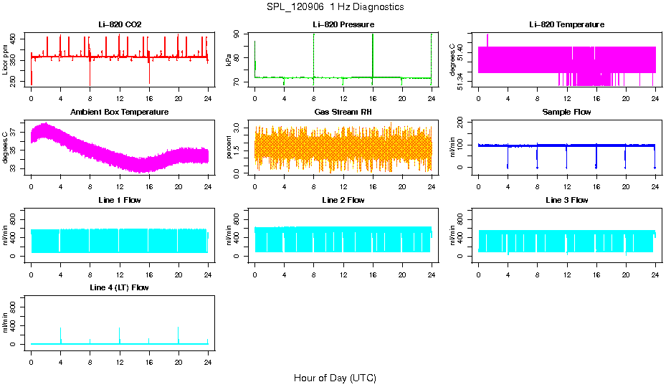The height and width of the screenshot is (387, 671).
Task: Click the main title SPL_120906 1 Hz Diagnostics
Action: tap(335, 7)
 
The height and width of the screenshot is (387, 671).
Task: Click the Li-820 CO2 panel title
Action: tap(120, 24)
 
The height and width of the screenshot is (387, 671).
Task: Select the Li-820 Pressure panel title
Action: tap(343, 24)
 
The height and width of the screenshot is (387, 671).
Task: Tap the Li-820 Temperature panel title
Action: tap(566, 24)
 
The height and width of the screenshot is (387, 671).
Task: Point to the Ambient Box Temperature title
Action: tap(120, 113)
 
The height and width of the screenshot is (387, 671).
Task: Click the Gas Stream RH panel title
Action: tap(343, 113)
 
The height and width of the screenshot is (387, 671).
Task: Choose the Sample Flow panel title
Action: tap(566, 113)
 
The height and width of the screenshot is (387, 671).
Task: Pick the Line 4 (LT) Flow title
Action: tap(120, 287)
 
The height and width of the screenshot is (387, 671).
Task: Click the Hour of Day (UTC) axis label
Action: tap(335, 378)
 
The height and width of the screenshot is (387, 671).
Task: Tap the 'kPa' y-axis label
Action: tap(229, 60)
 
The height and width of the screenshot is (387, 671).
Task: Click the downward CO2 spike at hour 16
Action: tap(149, 75)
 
